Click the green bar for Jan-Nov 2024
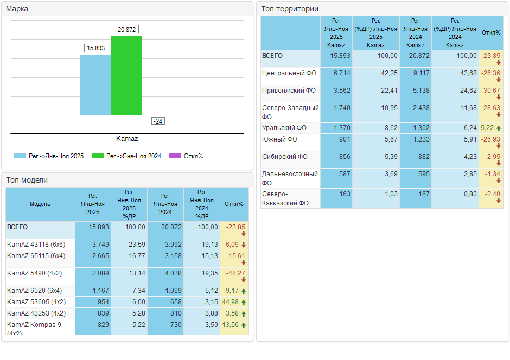126,75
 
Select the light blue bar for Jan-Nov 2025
95,85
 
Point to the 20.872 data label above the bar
127,30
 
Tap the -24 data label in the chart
158,121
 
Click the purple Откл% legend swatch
175,156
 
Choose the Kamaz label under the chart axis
127,139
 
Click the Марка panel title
17,9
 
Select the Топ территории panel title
290,9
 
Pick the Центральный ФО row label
289,73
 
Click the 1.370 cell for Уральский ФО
342,128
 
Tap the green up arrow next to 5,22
499,128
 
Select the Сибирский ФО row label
285,157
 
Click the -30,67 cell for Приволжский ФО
491,91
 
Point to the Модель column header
40,204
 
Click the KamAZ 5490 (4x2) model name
35,273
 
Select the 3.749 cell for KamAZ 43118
100,245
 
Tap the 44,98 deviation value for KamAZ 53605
230,302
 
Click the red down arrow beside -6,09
244,245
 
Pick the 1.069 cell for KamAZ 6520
174,291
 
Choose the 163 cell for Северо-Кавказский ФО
345,194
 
